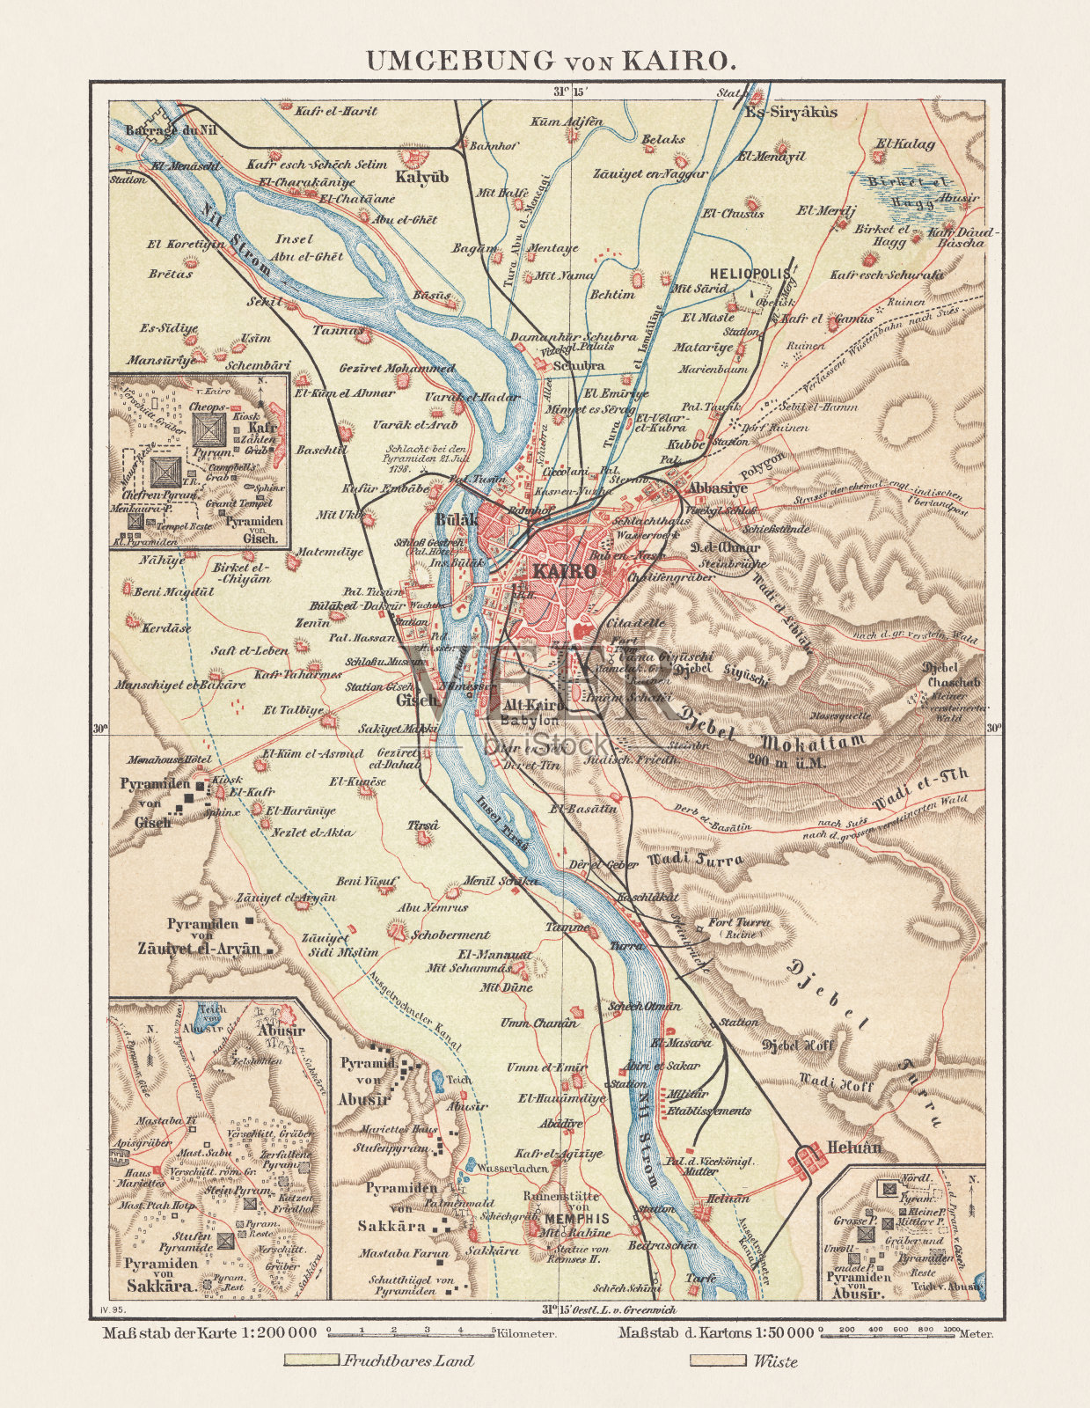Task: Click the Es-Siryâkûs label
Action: (x=790, y=112)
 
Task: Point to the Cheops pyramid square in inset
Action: (x=209, y=429)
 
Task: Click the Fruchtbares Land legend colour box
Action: (x=311, y=1360)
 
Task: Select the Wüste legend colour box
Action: (x=716, y=1360)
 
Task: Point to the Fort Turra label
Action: (x=739, y=923)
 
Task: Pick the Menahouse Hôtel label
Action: (x=170, y=759)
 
